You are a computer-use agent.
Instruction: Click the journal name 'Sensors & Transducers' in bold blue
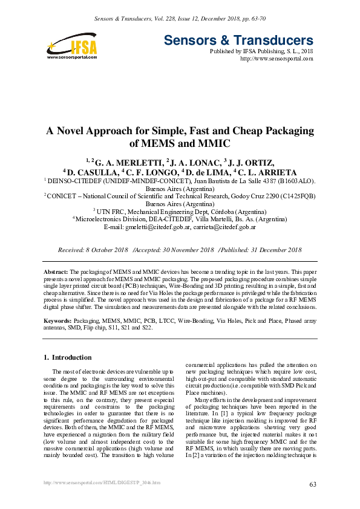[238, 41]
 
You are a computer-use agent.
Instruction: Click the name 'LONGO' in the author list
[154, 171]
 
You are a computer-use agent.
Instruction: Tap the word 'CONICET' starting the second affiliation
[64, 196]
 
